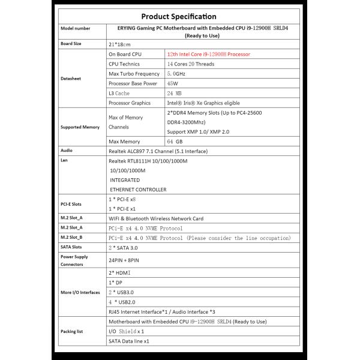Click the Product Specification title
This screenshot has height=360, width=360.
click(178, 17)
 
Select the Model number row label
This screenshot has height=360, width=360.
click(76, 28)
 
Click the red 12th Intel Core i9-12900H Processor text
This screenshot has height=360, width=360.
click(208, 54)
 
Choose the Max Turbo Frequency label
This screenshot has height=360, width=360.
click(134, 74)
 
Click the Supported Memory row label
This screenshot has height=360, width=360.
click(80, 127)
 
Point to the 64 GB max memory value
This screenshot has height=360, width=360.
click(175, 140)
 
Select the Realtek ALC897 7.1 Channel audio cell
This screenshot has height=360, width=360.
click(158, 151)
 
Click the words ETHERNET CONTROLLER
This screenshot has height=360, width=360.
click(138, 190)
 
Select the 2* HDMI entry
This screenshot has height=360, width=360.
click(119, 272)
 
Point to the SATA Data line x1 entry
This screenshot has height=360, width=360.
click(128, 341)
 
